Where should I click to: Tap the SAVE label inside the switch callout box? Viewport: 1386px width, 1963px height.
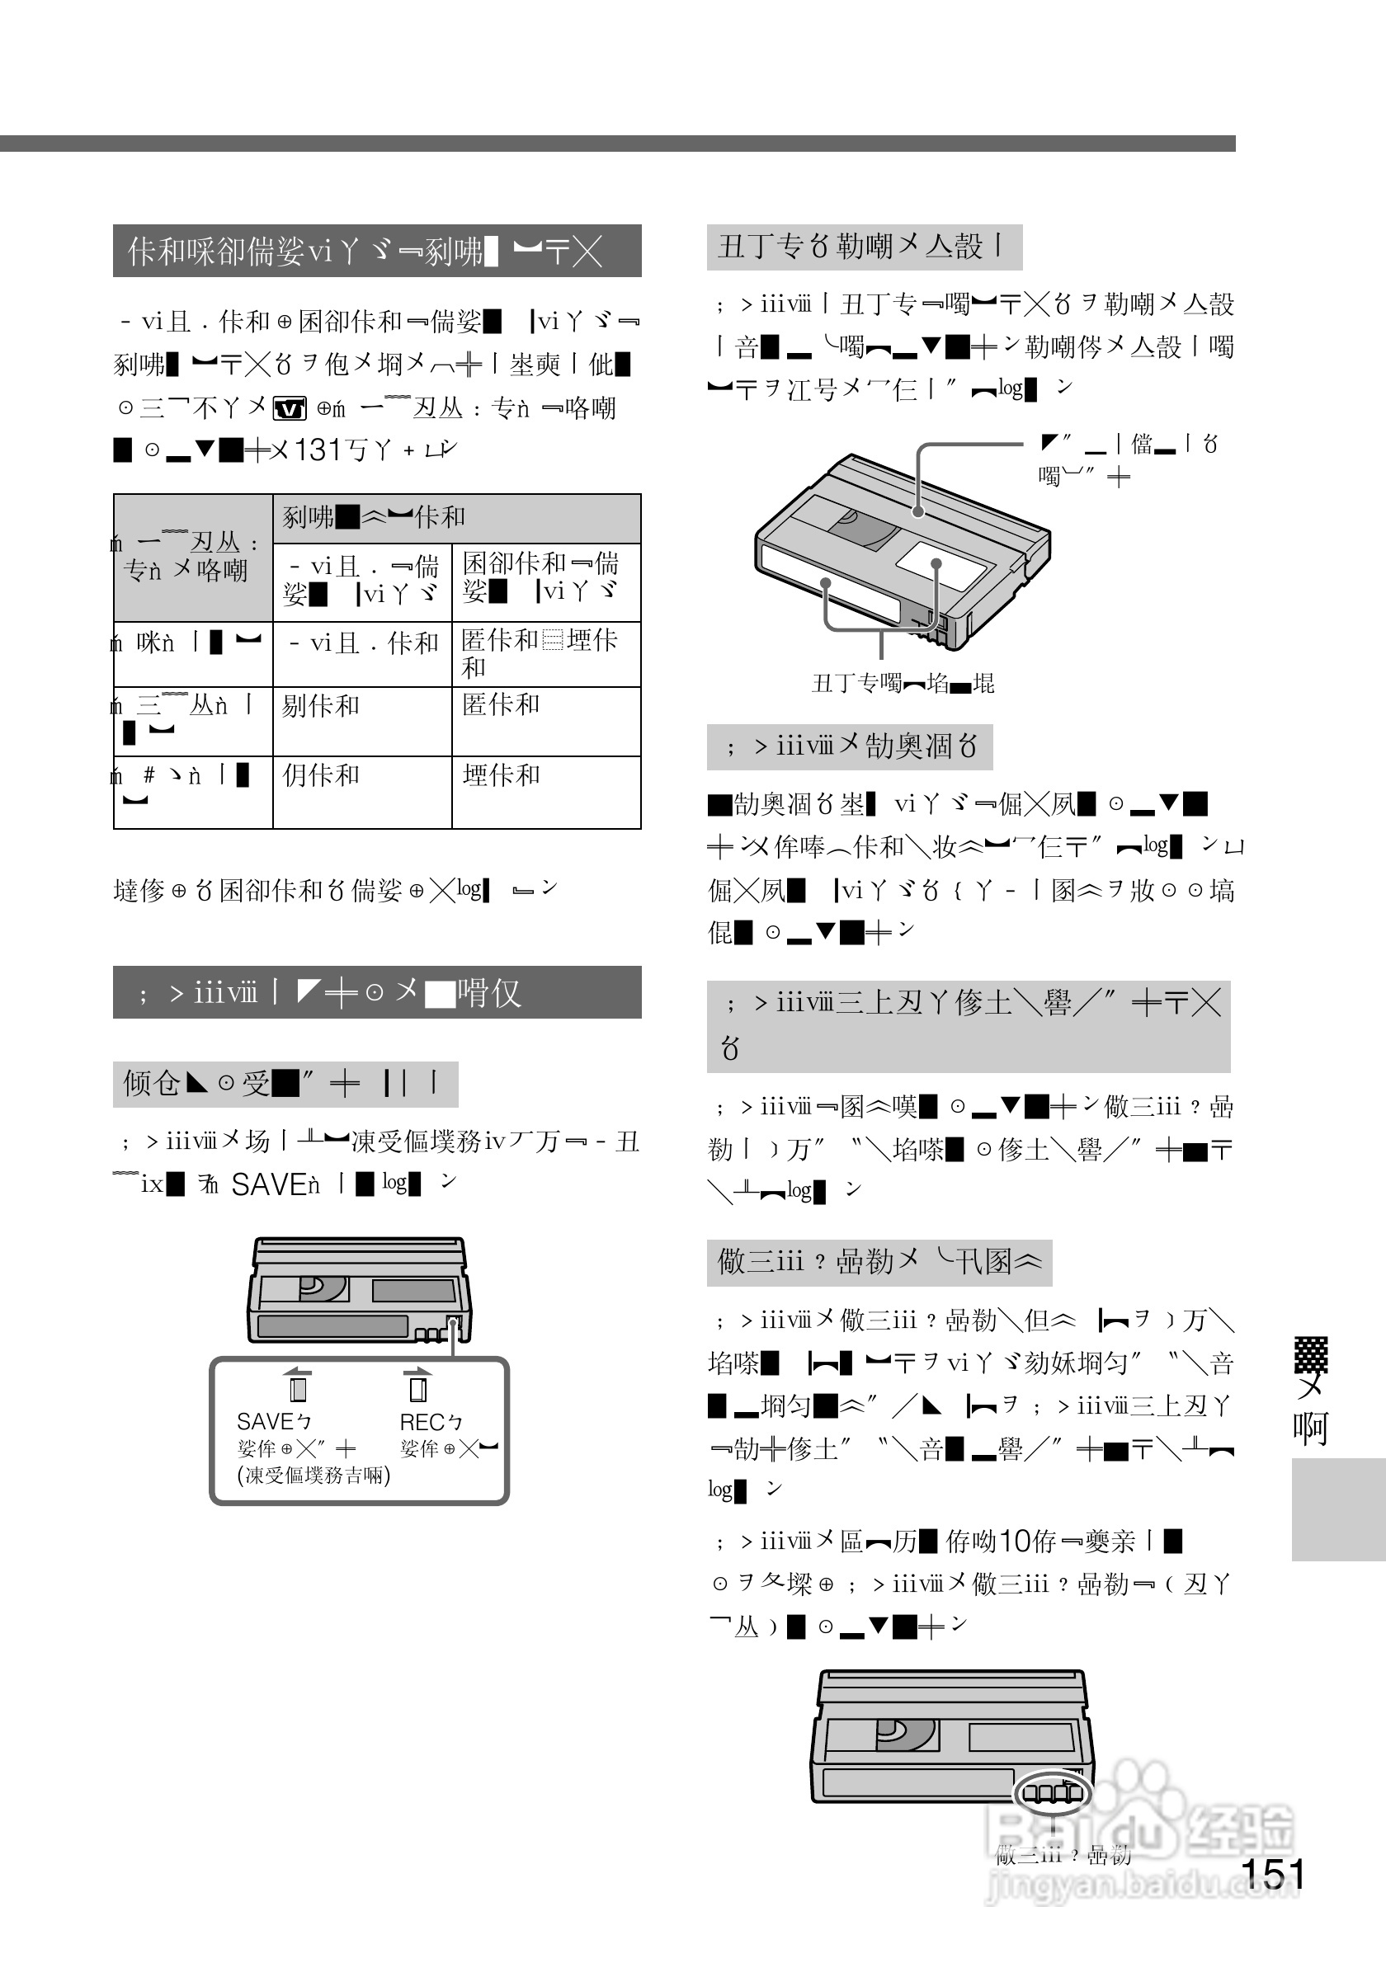(x=265, y=1421)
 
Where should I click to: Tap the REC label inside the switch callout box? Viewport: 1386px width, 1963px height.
(x=421, y=1422)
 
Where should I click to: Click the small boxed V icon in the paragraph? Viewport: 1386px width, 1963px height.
(x=289, y=408)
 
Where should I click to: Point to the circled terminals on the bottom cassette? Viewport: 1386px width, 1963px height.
(x=1052, y=1792)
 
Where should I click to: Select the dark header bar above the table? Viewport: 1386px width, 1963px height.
(x=376, y=252)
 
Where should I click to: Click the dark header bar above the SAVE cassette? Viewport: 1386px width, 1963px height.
(x=376, y=991)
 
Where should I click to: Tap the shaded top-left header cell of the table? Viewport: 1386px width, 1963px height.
(x=192, y=558)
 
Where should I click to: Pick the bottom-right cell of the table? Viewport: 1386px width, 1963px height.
(x=545, y=792)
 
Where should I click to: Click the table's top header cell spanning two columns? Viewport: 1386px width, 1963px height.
(x=455, y=518)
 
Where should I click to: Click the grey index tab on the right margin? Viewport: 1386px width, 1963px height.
(x=1337, y=1509)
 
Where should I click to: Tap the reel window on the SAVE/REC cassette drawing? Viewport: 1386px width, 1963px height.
(x=323, y=1288)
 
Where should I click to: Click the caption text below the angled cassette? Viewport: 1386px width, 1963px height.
(x=902, y=683)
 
